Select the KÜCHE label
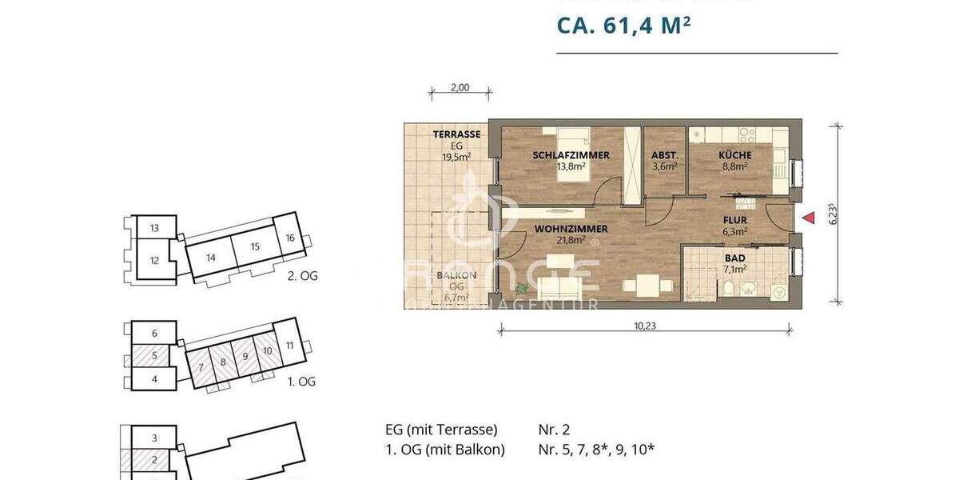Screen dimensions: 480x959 point(734,155)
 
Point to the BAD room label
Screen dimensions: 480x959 point(735,259)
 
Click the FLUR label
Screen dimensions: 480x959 point(735,221)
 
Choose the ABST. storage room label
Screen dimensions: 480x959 point(665,155)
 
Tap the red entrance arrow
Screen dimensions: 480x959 point(808,217)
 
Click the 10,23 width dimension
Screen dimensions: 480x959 point(644,326)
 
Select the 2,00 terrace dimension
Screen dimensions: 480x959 point(459,89)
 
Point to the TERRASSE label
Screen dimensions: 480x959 point(456,134)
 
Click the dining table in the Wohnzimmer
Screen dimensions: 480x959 point(647,285)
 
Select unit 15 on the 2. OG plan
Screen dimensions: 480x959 point(255,246)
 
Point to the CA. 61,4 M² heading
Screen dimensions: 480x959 point(623,26)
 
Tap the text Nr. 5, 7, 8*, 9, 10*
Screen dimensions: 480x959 point(596,450)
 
